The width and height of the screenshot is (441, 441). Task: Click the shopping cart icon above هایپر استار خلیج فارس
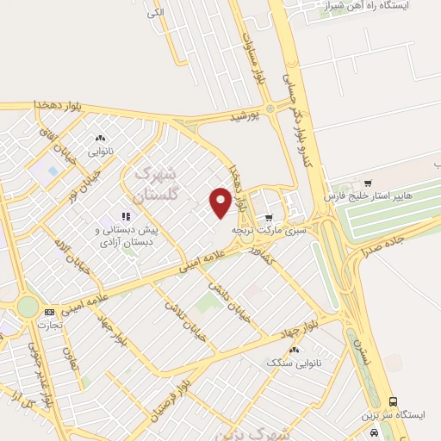[368, 183]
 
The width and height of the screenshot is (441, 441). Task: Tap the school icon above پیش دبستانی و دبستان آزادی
[125, 217]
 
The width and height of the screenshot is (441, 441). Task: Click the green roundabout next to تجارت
[28, 307]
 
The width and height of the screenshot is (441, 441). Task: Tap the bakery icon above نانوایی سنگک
[295, 350]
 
